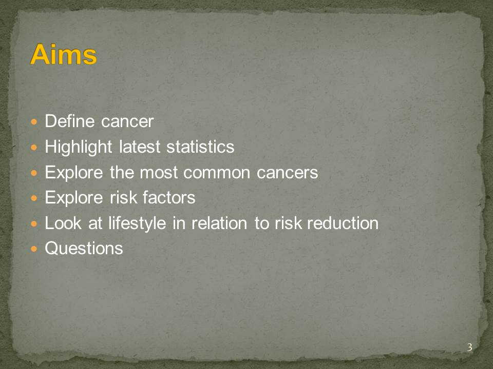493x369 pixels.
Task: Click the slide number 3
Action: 469,347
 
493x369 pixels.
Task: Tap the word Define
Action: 69,121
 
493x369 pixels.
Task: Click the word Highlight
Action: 78,148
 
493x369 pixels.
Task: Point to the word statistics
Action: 200,147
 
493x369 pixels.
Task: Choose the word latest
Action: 140,147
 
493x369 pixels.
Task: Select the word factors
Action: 169,198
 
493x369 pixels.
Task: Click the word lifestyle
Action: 137,224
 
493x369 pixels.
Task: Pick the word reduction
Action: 343,223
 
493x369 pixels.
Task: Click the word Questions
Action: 84,249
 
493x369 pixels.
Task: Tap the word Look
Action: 63,223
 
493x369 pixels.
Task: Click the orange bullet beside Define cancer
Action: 34,121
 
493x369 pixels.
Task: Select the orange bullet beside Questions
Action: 34,249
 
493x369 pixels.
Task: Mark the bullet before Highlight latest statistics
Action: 34,147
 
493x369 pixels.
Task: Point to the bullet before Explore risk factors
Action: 34,198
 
